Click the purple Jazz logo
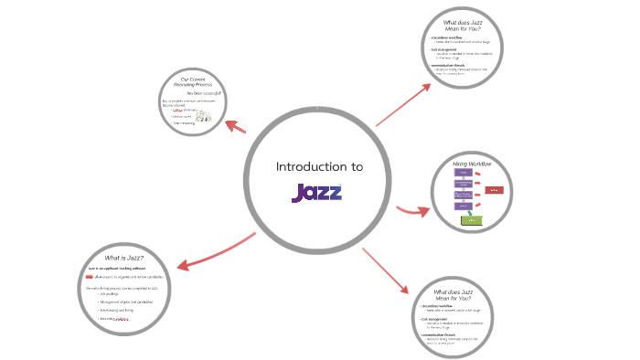[316, 193]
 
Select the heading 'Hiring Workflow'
[473, 164]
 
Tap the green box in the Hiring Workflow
[469, 220]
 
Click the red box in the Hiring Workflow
[494, 189]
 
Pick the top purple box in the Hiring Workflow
[464, 173]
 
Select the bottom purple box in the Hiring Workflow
[464, 206]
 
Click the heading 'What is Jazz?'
[124, 259]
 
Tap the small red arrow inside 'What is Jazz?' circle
[89, 276]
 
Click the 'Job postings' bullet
[111, 294]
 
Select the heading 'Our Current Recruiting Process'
[192, 84]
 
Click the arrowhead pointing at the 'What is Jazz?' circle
[181, 265]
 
